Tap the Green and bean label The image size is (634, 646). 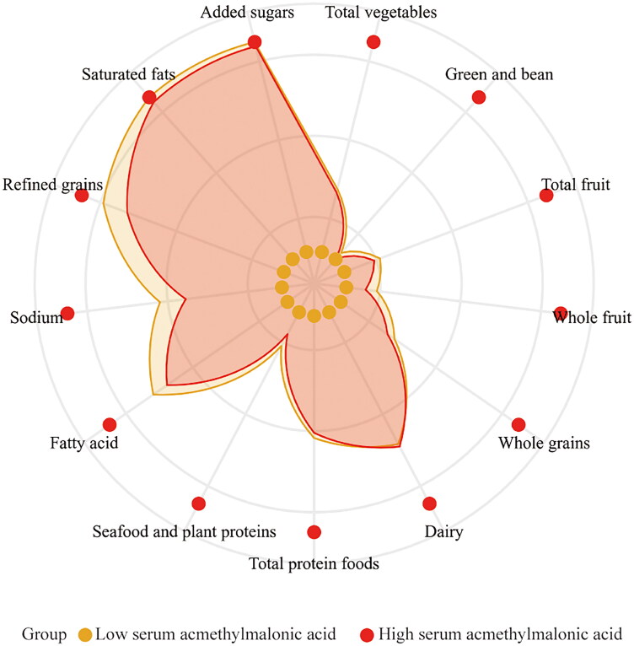pos(498,74)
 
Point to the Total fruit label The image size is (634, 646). pos(576,185)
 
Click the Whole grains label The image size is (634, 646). pos(544,442)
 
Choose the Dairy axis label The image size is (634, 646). pos(444,532)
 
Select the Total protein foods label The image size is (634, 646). pos(314,563)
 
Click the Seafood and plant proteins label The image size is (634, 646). pos(184,531)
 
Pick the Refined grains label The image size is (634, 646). pos(52,185)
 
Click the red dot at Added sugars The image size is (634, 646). pos(254,43)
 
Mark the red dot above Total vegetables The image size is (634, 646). pos(373,43)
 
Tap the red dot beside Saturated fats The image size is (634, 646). pos(149,99)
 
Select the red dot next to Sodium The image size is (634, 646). pos(67,314)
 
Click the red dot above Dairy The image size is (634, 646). pos(429,504)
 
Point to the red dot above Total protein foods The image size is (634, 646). pos(314,532)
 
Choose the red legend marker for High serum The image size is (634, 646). pos(367,633)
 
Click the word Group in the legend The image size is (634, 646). pos(40,633)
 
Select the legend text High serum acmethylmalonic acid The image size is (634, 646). pos(500,633)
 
